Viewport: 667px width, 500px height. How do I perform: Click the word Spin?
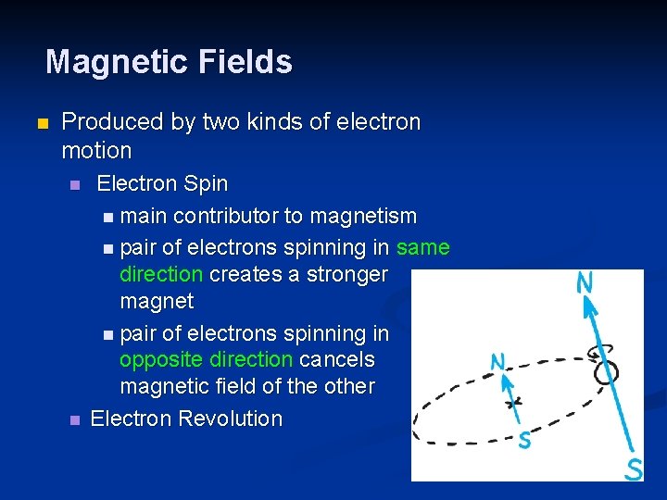tap(206, 183)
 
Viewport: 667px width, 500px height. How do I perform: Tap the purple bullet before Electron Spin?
tap(75, 185)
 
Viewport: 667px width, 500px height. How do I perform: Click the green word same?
tap(422, 248)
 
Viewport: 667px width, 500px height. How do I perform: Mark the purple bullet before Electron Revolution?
tap(75, 420)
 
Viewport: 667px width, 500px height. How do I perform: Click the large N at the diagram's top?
tap(585, 282)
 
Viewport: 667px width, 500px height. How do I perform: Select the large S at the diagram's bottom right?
tap(634, 469)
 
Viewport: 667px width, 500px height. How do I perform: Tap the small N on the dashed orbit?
tap(498, 362)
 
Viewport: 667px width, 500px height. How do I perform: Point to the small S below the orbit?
tap(524, 440)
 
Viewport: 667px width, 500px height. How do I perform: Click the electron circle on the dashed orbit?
tap(607, 372)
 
